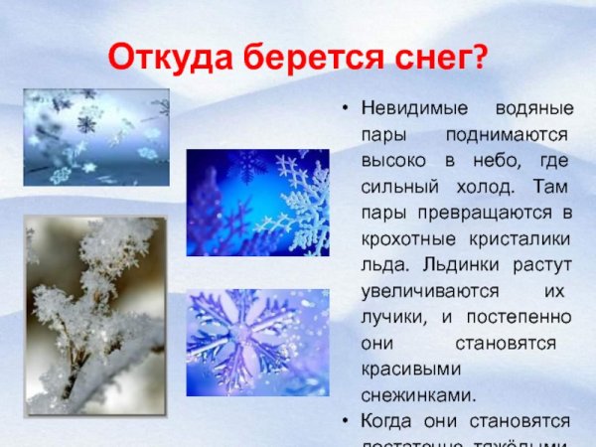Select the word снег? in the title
point(443,57)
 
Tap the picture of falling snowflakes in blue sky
point(95,137)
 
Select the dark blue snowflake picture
point(257,204)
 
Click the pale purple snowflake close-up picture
point(257,342)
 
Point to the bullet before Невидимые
point(343,107)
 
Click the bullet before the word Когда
point(343,420)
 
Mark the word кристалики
point(514,238)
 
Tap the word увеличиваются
point(421,290)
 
